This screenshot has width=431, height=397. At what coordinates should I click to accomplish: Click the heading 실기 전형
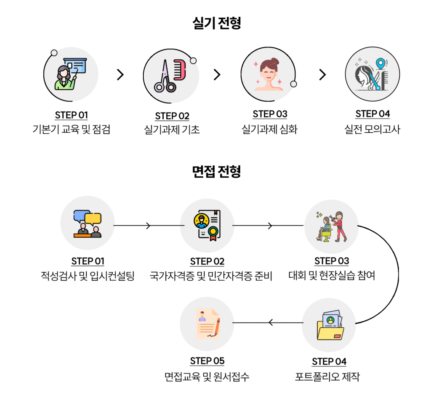216,23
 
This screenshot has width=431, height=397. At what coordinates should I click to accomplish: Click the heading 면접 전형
216,171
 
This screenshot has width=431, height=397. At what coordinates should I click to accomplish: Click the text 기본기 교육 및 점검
71,129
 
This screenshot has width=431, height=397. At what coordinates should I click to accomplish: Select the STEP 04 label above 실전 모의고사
372,114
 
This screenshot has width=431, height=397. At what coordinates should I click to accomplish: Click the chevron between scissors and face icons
217,75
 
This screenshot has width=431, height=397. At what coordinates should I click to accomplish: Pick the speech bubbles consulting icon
88,224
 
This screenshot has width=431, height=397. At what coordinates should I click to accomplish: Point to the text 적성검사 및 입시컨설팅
88,276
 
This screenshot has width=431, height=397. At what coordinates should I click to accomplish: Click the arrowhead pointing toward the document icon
271,323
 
